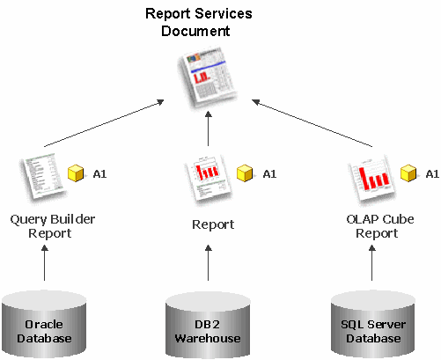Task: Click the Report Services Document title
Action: click(x=199, y=22)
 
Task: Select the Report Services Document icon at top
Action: click(x=207, y=77)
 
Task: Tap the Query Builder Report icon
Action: click(x=43, y=177)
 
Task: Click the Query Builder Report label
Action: click(x=52, y=226)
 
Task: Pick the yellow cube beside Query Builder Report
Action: click(x=76, y=173)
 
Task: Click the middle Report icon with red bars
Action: click(x=208, y=179)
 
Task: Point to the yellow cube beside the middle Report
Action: click(x=245, y=173)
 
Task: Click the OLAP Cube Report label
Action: click(x=380, y=226)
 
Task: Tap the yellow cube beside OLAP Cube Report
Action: click(x=408, y=173)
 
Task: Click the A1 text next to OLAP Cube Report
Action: click(x=432, y=174)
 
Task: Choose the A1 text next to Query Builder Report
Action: click(x=99, y=174)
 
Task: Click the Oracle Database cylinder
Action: click(x=44, y=325)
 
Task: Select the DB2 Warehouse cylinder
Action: click(x=208, y=325)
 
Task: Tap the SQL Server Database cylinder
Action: click(x=373, y=325)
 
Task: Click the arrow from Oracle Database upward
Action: click(x=45, y=263)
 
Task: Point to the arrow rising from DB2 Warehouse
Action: click(x=209, y=263)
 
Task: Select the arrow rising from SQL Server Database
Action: click(x=372, y=263)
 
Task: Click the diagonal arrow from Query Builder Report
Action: click(x=104, y=123)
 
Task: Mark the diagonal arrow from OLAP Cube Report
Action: click(x=312, y=123)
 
